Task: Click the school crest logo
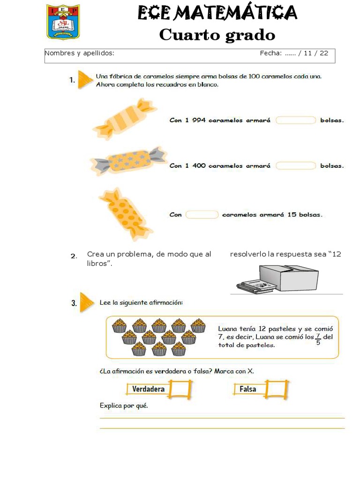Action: pos(63,22)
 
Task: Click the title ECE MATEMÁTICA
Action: pos(217,13)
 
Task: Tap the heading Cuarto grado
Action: pos(217,35)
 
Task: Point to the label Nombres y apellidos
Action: pos(79,53)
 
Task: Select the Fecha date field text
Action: pos(294,53)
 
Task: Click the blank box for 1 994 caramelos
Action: pos(295,120)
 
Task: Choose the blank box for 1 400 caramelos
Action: pos(295,165)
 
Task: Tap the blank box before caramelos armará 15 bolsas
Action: pos(202,215)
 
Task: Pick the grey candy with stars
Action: pos(128,160)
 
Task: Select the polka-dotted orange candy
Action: pos(125,214)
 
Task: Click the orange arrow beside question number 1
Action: pos(84,79)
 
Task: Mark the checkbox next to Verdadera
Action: pos(180,389)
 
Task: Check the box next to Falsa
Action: pos(276,389)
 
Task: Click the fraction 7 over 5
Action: pos(318,339)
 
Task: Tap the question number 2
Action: pos(74,256)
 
